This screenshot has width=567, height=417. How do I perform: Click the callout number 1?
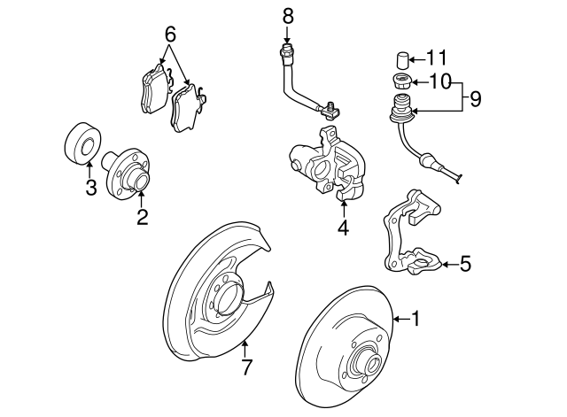413,319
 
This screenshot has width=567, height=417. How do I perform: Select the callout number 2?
142,217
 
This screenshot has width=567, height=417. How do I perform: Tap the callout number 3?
90,187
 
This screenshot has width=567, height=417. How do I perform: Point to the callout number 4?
343,228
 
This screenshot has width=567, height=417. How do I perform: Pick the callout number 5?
466,263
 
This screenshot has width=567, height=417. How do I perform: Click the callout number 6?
170,35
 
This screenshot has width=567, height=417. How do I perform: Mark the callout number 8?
287,14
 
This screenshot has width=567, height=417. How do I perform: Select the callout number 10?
439,82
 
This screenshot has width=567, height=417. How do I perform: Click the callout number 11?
437,59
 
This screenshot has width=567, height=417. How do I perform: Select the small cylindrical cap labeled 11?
400,61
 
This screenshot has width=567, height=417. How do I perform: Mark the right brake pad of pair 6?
188,108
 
